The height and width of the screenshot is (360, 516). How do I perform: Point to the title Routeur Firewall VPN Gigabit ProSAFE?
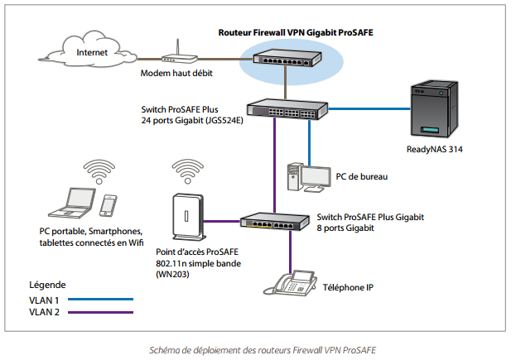[x=284, y=34]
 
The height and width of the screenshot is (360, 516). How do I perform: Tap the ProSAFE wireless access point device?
[x=186, y=217]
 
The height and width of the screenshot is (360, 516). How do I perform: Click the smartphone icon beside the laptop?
[x=109, y=205]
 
